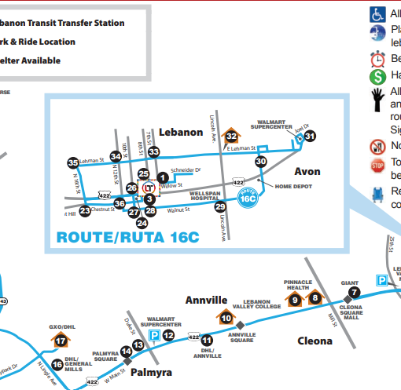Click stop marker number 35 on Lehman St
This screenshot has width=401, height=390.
(73, 163)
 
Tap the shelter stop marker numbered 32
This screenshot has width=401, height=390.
(231, 136)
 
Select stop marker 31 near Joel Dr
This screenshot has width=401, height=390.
(310, 137)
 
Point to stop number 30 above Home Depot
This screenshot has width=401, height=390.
(261, 161)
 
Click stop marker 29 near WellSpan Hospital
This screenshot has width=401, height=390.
(221, 206)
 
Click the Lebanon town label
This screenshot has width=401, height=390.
(181, 132)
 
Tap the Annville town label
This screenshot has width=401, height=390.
(206, 300)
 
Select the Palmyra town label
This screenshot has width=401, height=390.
(150, 372)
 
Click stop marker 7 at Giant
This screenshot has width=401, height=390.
(354, 292)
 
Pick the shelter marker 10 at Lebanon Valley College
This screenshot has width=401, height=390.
(226, 318)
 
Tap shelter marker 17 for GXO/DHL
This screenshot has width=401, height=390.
(61, 340)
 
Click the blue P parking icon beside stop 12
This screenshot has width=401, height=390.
(155, 335)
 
